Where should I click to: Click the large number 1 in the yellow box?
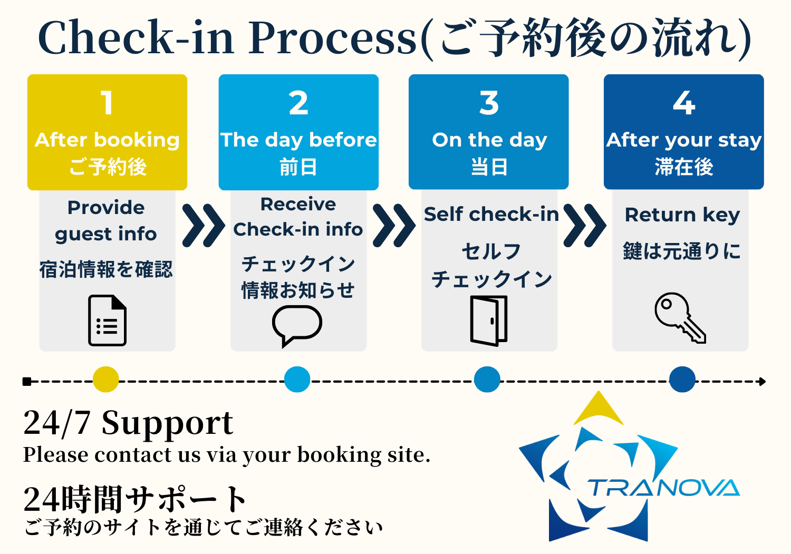[107, 102]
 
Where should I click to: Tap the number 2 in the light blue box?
[298, 103]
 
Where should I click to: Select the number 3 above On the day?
[489, 103]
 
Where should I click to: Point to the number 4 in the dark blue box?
[684, 103]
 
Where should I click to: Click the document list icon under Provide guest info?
[107, 320]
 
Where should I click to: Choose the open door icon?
[489, 320]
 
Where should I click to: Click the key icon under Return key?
[680, 317]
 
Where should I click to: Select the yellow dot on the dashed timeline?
[105, 380]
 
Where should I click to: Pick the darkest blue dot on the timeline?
[682, 380]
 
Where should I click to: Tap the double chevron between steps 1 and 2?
[204, 226]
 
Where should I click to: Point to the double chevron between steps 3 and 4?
[584, 226]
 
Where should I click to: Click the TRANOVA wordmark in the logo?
[664, 488]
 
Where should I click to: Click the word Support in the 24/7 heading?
[167, 423]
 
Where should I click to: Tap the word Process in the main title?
[333, 38]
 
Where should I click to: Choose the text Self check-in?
[491, 215]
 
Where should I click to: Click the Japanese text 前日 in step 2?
[298, 167]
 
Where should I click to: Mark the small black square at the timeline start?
[27, 382]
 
